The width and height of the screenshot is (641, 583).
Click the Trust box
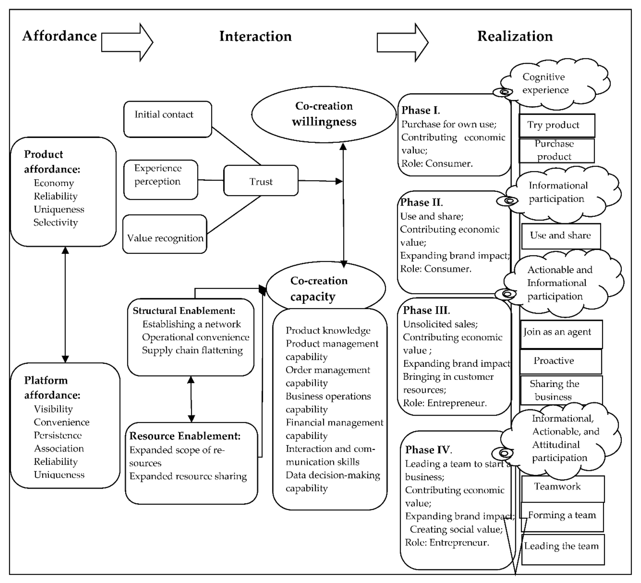coord(261,180)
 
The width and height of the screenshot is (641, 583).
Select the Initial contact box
coord(168,119)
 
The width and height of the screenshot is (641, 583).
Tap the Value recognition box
coord(165,234)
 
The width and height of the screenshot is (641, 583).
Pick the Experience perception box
coord(161,180)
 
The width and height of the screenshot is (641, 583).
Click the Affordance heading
coord(59,36)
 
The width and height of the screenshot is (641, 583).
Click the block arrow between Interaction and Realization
coord(403,42)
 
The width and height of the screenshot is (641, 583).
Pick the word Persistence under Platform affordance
coord(57,435)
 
